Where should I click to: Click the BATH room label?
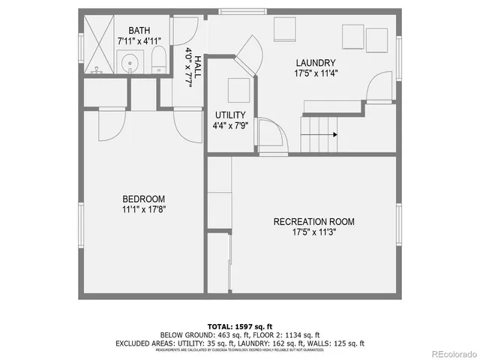point(139,31)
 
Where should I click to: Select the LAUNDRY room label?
point(315,62)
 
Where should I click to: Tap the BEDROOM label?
point(144,199)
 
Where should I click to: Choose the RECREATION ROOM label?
point(313,221)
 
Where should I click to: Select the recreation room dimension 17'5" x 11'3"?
point(313,232)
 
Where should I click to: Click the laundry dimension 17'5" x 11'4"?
point(315,73)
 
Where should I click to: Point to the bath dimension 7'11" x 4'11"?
point(139,41)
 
